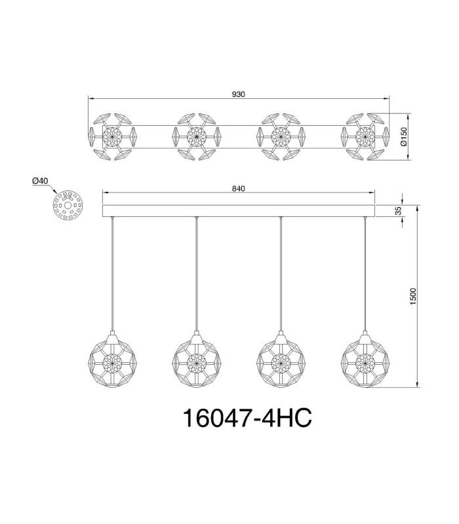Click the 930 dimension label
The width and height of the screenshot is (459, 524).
238,94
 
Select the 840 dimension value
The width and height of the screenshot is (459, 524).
238,189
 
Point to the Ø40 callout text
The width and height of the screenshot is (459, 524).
40,181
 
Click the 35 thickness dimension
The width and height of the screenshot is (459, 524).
398,210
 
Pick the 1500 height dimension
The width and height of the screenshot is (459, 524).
413,296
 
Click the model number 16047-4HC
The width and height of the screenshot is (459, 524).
248,418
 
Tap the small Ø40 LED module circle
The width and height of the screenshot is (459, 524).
68,205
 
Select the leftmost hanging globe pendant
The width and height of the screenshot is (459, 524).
112,360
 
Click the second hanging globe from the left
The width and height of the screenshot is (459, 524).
197,360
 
